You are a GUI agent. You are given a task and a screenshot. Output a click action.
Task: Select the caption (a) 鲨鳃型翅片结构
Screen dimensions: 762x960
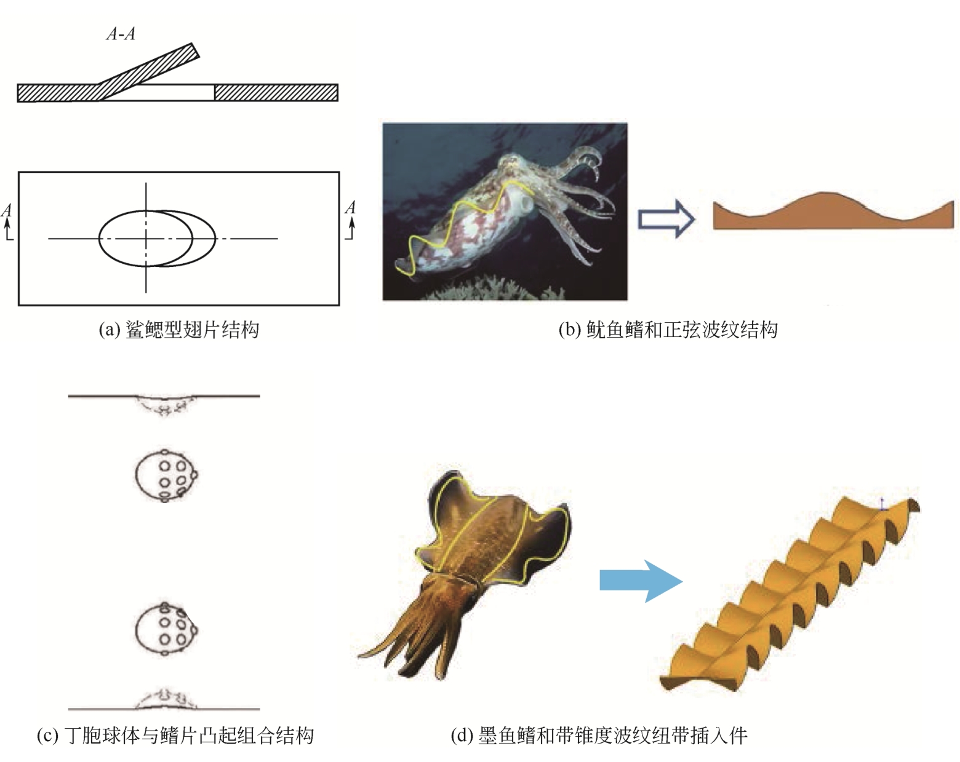tap(178, 330)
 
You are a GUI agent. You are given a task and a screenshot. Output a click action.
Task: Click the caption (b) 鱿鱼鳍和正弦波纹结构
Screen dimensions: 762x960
tap(668, 330)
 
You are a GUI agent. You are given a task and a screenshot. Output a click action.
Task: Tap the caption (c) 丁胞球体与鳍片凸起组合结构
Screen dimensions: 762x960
tap(175, 736)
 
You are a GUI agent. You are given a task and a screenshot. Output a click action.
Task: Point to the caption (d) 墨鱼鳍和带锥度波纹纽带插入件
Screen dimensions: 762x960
tap(599, 736)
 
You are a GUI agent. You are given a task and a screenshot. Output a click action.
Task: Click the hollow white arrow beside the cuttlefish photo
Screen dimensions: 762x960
tap(666, 218)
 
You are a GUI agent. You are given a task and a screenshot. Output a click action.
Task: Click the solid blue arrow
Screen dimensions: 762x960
tap(641, 581)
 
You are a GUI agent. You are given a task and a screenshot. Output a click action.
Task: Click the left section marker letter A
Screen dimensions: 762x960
tap(7, 211)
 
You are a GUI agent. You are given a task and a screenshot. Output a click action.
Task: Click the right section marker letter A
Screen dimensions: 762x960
tap(350, 208)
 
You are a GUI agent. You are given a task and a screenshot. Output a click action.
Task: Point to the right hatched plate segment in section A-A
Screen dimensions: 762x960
tap(276, 93)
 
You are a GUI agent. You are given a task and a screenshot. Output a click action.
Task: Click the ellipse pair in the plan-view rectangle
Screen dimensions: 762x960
tap(157, 238)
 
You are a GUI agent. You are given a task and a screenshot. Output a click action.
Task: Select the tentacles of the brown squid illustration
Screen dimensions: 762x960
tap(418, 633)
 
